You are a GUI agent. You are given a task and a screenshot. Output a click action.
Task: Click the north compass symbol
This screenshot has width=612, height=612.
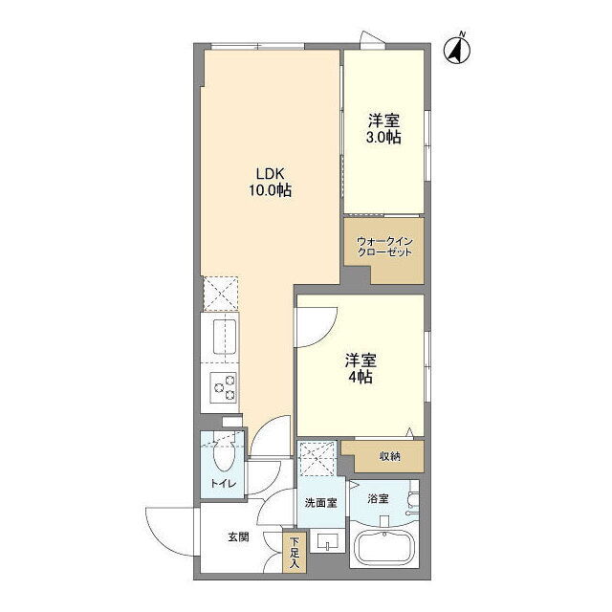tap(457, 49)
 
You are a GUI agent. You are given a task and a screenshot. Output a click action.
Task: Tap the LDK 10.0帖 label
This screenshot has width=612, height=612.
tap(270, 182)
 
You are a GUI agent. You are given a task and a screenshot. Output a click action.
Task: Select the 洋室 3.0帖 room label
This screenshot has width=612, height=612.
tap(383, 129)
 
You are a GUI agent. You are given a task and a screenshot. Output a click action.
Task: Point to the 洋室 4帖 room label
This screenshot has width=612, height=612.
tap(361, 368)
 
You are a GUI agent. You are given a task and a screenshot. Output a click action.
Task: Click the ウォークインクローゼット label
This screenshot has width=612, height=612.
tap(384, 247)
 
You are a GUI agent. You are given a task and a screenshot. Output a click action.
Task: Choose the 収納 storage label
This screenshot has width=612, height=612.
tap(390, 456)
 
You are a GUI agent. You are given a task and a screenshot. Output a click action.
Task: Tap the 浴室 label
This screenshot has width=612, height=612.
tap(378, 498)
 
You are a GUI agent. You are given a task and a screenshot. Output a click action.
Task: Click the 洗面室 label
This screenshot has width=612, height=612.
tap(321, 503)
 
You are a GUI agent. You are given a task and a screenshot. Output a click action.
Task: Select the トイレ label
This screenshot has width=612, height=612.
tap(224, 484)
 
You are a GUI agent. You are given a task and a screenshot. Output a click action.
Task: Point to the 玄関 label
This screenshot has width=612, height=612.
tap(238, 537)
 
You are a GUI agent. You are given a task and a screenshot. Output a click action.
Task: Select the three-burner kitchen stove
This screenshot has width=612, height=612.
tap(224, 387)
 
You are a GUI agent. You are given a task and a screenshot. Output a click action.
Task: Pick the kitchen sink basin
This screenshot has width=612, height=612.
tap(224, 337)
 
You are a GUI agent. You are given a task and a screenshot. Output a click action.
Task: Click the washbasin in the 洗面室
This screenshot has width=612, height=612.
tap(327, 541)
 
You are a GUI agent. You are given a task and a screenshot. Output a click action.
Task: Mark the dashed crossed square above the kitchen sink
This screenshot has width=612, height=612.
tap(221, 294)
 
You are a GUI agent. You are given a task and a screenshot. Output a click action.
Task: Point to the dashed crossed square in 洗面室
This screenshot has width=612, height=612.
tap(317, 459)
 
